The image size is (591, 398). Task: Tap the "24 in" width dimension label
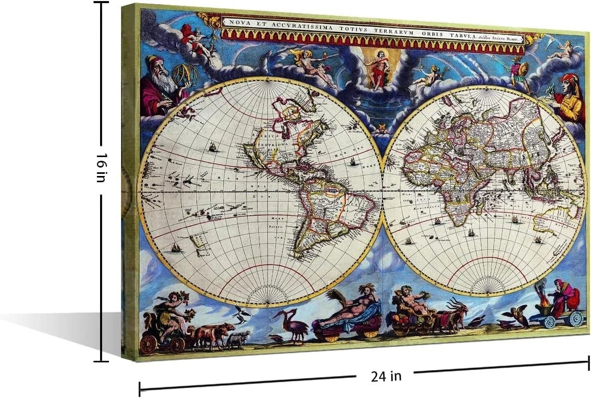point(386,375)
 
